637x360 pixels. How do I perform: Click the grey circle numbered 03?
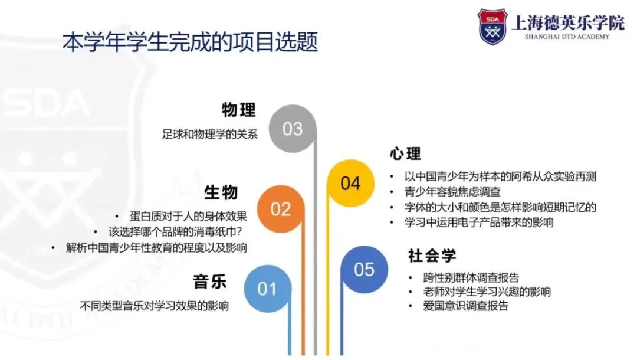click(293, 129)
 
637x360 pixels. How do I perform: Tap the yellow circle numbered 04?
click(350, 184)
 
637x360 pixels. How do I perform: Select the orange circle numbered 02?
click(281, 209)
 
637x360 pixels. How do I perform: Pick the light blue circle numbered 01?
click(268, 289)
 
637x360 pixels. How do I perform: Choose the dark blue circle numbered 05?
click(364, 269)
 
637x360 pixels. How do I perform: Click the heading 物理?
click(239, 110)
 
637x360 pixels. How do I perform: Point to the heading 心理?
click(405, 153)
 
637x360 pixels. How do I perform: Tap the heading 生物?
click(221, 192)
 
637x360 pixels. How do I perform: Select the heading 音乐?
click(209, 282)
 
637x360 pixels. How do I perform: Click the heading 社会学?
click(432, 256)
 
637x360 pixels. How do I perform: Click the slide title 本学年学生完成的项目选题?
click(190, 42)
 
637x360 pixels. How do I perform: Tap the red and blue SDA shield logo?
click(492, 27)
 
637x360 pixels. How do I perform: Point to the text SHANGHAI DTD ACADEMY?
click(567, 37)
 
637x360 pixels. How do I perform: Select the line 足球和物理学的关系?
click(209, 134)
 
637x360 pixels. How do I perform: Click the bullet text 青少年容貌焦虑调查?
click(452, 192)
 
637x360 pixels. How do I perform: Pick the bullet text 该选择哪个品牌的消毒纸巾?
click(176, 231)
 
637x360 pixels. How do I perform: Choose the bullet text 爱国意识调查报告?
click(465, 306)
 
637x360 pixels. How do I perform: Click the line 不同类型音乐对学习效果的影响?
click(155, 306)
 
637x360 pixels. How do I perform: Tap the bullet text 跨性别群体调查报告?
click(471, 277)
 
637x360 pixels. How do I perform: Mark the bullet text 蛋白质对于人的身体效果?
click(188, 216)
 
